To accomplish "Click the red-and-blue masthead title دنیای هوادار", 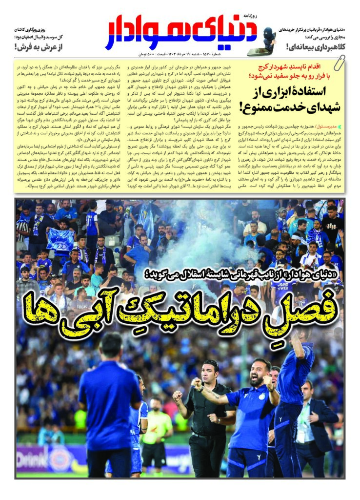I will click(180, 35).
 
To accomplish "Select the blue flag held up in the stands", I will click(61, 240).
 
